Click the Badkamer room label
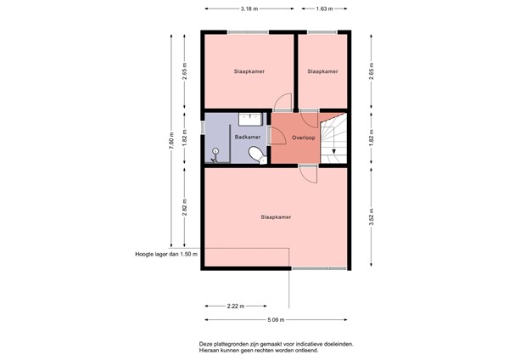coord(248,137)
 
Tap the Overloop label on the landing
coord(303,138)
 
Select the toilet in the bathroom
coord(257,155)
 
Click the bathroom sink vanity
coord(250,119)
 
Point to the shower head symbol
coord(215,151)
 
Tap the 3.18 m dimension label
coord(249,9)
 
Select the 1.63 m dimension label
coord(324,9)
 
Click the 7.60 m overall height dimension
coord(171,140)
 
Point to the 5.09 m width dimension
coord(276,320)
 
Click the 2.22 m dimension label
coord(236,306)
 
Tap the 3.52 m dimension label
coord(372,217)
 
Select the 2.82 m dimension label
coord(184,207)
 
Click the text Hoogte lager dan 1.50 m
coord(166,254)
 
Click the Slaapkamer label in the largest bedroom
coord(276,217)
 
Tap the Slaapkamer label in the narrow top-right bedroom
coord(322,71)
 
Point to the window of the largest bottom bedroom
coord(319,268)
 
